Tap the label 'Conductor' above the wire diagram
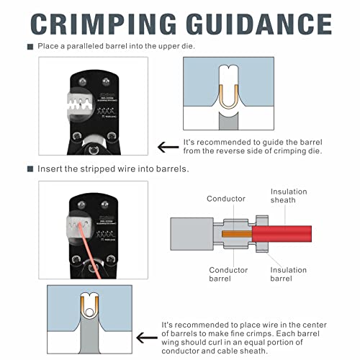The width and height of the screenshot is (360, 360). point(226,199)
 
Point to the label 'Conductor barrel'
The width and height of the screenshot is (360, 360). point(228,274)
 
